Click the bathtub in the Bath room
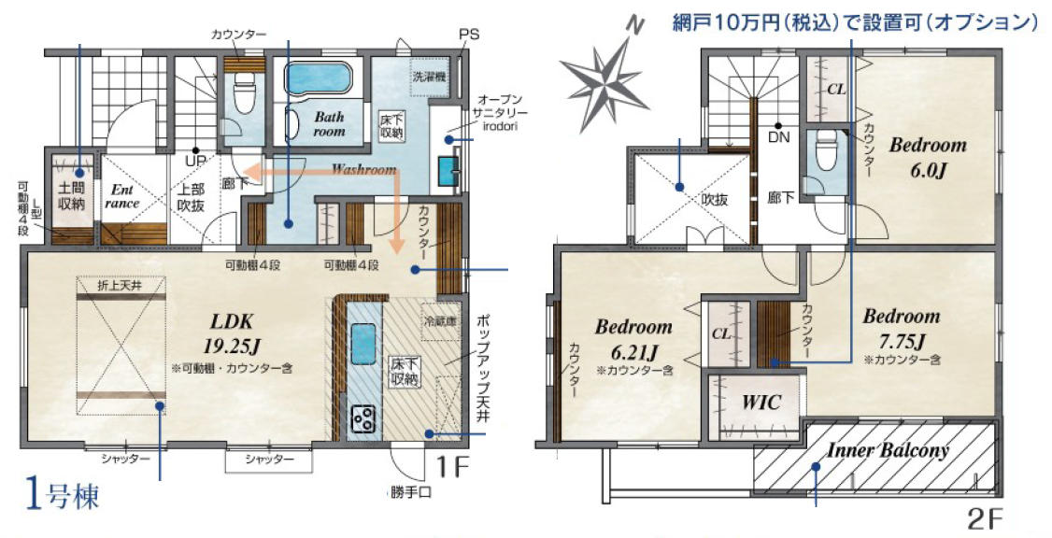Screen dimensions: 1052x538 318,79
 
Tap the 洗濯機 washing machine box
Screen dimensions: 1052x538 429,76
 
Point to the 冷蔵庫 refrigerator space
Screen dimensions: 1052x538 439,322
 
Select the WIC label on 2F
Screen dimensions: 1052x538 761,403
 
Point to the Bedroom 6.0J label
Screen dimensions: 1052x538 928,157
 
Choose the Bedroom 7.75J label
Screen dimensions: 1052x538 901,328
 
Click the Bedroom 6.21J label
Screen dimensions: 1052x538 633,339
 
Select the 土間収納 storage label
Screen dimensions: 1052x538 71,195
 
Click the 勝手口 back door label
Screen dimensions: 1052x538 410,493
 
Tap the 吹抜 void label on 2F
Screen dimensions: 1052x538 715,199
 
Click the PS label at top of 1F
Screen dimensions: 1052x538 469,34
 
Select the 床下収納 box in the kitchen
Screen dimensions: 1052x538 405,373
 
